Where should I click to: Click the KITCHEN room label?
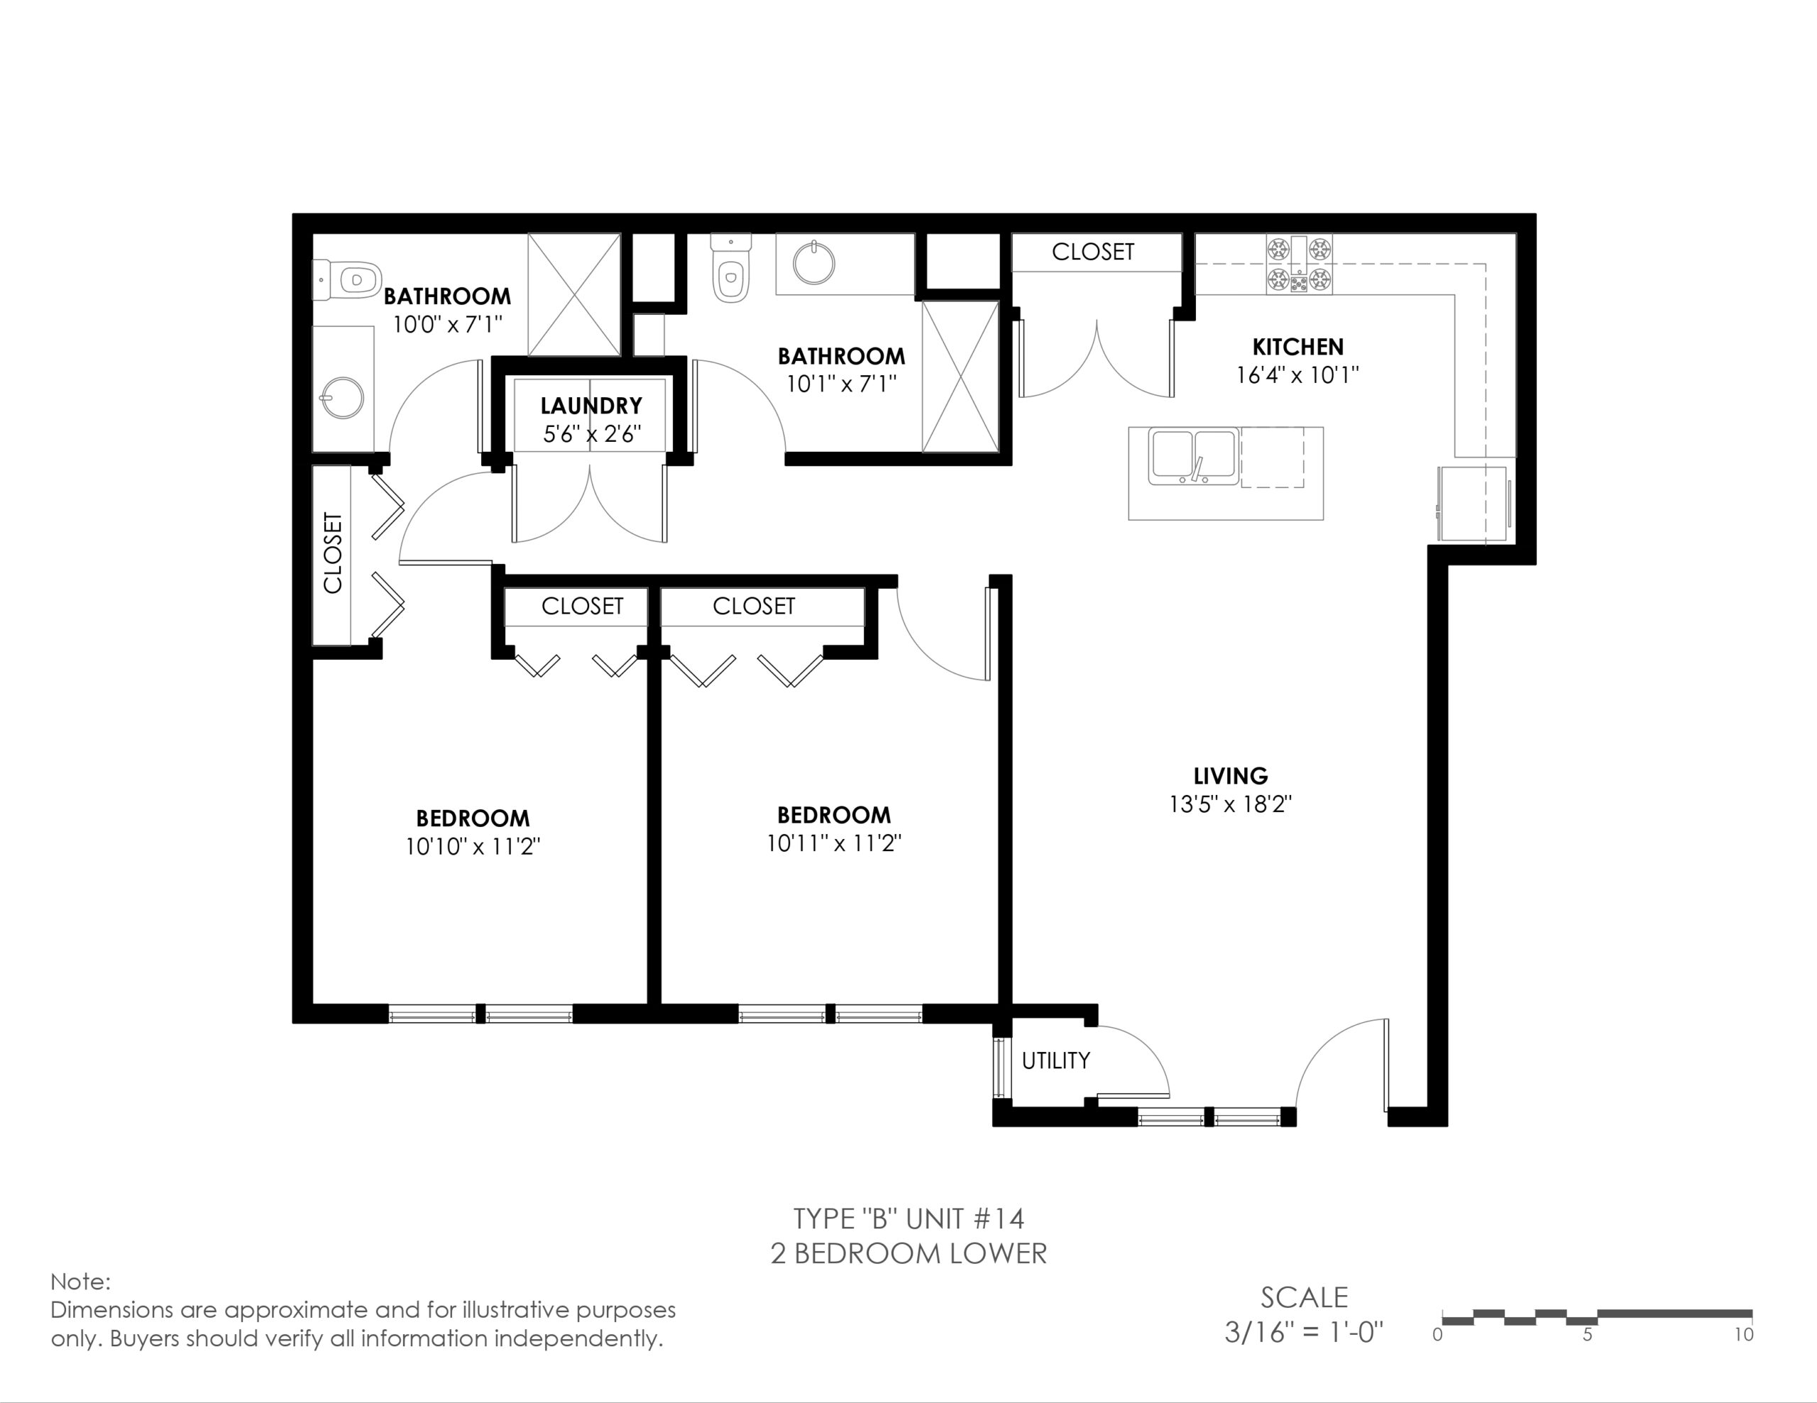[x=1298, y=347]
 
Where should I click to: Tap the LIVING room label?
[x=1231, y=776]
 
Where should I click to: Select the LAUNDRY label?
[x=591, y=406]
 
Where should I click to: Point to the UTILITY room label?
[x=1055, y=1060]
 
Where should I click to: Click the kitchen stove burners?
[x=1299, y=265]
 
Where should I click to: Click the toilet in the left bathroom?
[x=347, y=279]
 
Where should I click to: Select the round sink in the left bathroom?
[x=341, y=399]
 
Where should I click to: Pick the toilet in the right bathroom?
[x=730, y=268]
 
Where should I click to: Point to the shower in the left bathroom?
[x=574, y=294]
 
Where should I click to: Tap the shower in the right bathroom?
[x=960, y=377]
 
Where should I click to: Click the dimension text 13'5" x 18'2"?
[x=1231, y=804]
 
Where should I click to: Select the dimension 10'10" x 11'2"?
[x=473, y=847]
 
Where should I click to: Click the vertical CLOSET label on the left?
[x=333, y=553]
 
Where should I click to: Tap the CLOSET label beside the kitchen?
[x=1092, y=252]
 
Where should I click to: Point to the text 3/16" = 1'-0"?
[x=1304, y=1332]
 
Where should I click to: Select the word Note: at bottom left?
[x=81, y=1282]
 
